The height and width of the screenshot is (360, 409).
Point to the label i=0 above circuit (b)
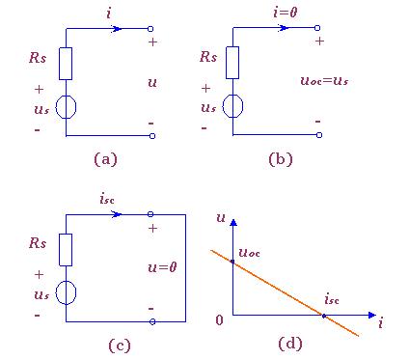[x=286, y=13]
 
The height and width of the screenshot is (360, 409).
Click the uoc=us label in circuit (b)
[x=324, y=80]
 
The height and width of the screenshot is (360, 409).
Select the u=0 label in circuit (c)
[x=162, y=267]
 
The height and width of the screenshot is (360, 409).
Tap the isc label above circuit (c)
[x=107, y=199]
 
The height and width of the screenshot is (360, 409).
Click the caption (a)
[x=105, y=159]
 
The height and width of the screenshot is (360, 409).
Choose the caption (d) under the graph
[x=290, y=344]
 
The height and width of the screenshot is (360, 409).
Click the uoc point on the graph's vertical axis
[x=232, y=262]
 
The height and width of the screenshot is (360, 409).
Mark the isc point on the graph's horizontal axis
[x=324, y=316]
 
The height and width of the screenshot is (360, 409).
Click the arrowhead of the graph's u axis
[x=233, y=222]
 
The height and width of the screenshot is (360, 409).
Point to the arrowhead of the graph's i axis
[x=371, y=315]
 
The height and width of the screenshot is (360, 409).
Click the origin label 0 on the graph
[x=219, y=320]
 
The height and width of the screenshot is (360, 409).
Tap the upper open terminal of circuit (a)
[x=150, y=29]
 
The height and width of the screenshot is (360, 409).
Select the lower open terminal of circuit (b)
[x=319, y=135]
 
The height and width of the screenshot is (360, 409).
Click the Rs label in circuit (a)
[x=38, y=58]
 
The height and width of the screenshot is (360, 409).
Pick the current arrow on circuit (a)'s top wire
[x=117, y=29]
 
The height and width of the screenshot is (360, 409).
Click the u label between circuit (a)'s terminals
[x=152, y=83]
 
